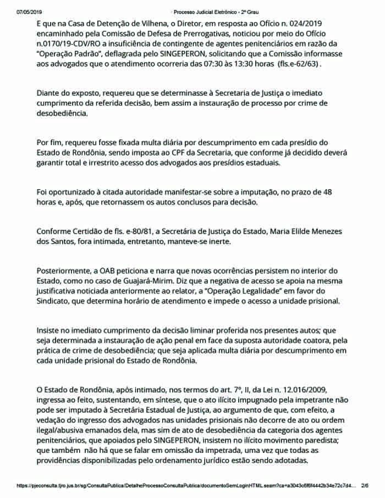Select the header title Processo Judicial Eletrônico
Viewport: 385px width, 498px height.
click(207, 11)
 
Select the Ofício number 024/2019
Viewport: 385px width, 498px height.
click(307, 25)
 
